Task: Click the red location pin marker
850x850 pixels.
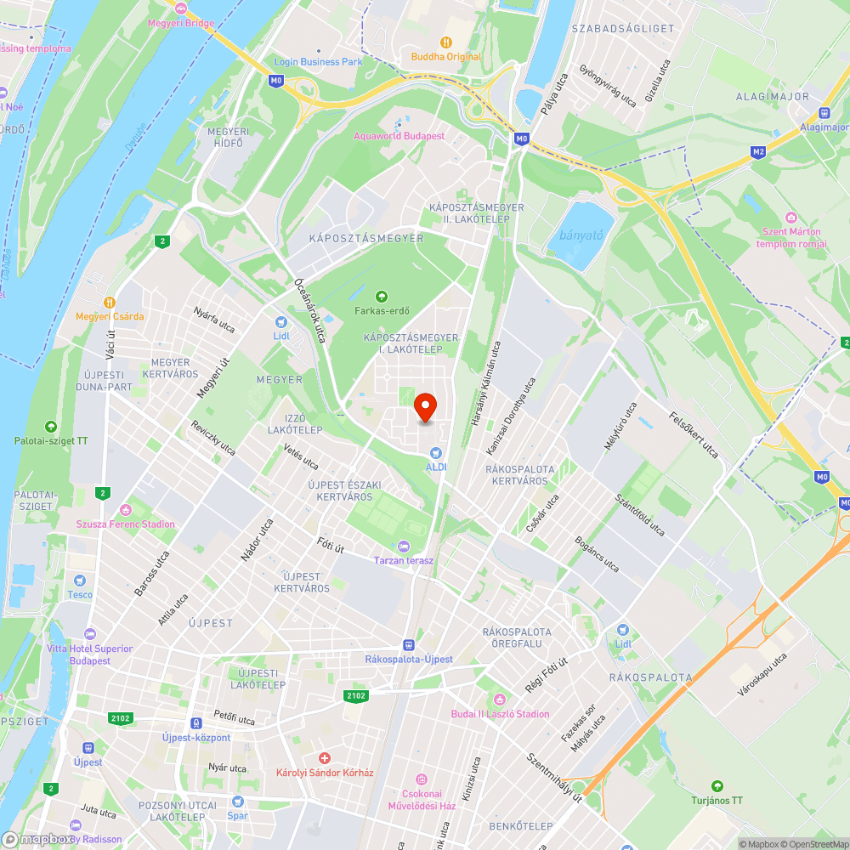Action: click(425, 406)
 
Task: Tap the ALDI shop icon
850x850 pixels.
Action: click(436, 454)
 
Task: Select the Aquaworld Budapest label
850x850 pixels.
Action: click(399, 136)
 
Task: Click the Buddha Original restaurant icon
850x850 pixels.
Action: click(445, 42)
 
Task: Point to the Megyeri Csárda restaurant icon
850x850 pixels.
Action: click(110, 302)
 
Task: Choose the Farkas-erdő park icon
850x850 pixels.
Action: click(382, 296)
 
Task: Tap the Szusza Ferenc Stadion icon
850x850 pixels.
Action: click(126, 510)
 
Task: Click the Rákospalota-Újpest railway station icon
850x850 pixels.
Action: click(409, 645)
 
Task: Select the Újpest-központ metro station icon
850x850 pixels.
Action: click(196, 723)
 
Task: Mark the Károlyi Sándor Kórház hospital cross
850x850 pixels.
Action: click(324, 758)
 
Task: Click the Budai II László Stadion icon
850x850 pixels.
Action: click(500, 700)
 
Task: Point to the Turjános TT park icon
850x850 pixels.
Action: click(717, 786)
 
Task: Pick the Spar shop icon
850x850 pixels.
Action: click(237, 802)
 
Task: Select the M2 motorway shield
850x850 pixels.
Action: click(757, 152)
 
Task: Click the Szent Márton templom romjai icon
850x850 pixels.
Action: click(791, 218)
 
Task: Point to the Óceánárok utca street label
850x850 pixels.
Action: click(310, 310)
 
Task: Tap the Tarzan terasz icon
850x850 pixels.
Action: click(404, 547)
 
